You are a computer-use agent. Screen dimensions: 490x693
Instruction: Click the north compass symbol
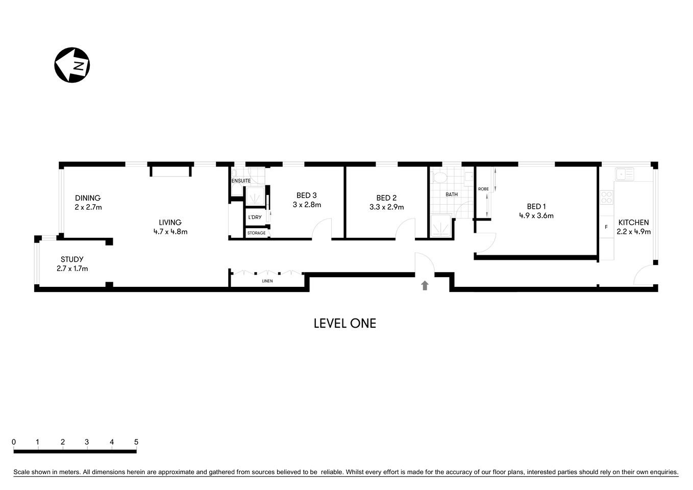(x=72, y=65)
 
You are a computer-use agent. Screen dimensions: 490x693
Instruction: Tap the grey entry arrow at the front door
(x=425, y=285)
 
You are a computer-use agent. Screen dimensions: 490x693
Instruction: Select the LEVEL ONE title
(x=344, y=323)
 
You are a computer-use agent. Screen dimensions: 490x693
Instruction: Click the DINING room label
(x=88, y=198)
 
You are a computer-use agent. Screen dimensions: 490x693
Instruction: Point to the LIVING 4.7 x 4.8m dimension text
(x=170, y=232)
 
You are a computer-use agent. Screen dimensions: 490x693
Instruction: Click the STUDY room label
(x=72, y=259)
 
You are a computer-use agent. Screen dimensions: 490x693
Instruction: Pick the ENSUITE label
(x=241, y=181)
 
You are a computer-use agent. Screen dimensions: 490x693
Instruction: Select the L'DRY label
(x=255, y=217)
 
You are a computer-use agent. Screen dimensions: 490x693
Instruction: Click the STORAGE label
(x=256, y=233)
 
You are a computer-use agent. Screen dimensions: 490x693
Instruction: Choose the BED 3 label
(x=307, y=195)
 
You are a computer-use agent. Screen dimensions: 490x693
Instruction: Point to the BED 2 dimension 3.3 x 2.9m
(x=386, y=207)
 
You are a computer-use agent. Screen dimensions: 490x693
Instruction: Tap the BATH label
(x=452, y=194)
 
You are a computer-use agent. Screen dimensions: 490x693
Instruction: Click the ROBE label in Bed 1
(x=483, y=189)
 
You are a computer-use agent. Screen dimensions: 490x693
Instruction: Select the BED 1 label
(x=536, y=207)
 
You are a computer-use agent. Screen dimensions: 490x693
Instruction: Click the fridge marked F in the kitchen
(x=606, y=227)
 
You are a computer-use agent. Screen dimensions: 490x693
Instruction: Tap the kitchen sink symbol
(x=624, y=174)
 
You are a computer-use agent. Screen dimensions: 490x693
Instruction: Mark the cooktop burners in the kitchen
(x=606, y=198)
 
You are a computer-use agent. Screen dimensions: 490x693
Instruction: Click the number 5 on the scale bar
(x=136, y=442)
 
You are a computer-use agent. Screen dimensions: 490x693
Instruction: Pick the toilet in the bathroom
(x=439, y=178)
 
